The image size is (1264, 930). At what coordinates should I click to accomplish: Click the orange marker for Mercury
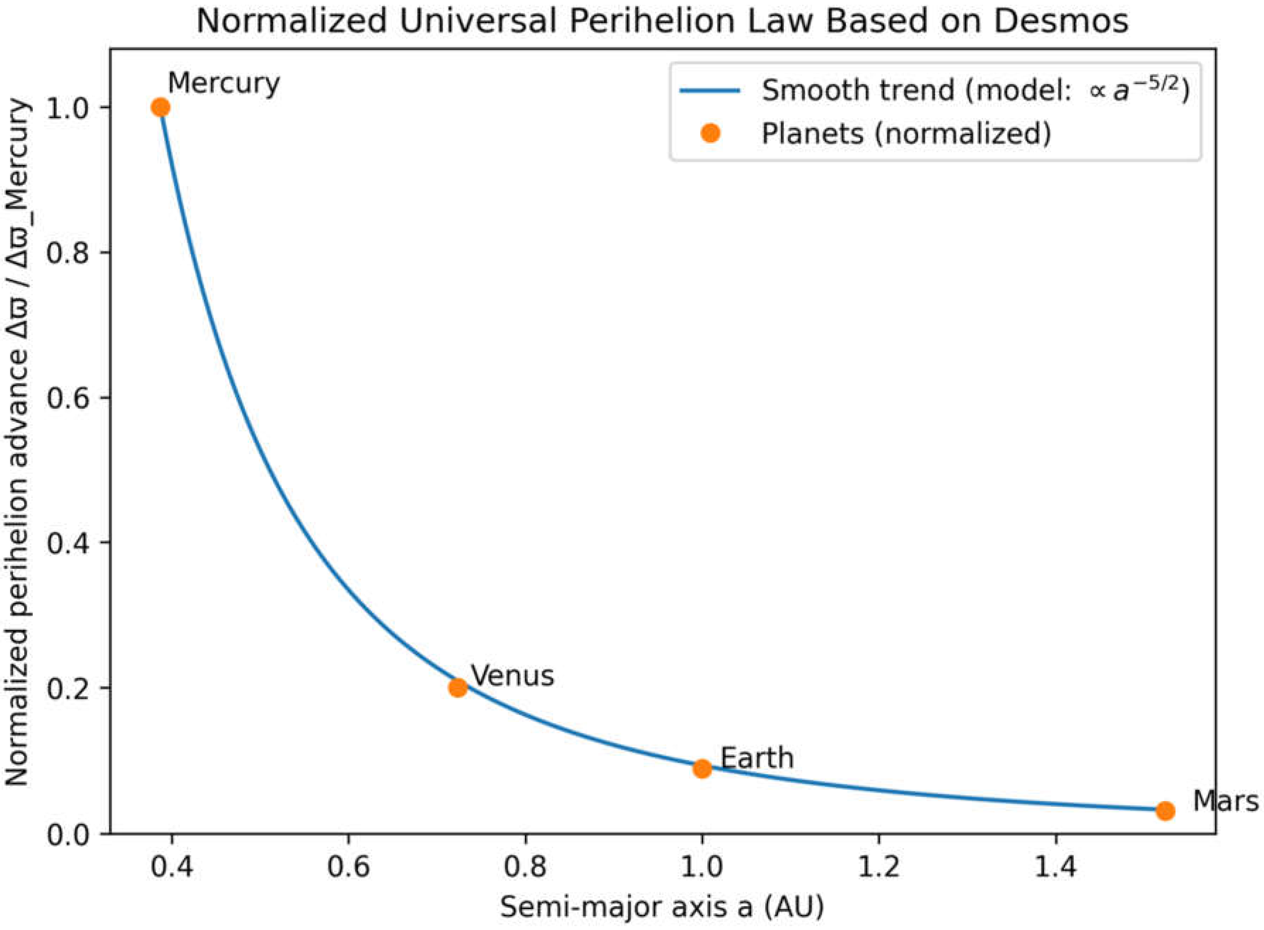[x=161, y=107]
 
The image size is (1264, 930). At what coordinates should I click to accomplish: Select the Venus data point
[x=458, y=687]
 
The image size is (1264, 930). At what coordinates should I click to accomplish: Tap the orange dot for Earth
[x=702, y=768]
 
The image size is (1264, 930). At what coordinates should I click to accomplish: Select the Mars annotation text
[x=1225, y=800]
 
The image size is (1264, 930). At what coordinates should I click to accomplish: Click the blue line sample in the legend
[x=709, y=90]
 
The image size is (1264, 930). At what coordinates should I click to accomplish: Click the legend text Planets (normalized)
[x=906, y=134]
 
